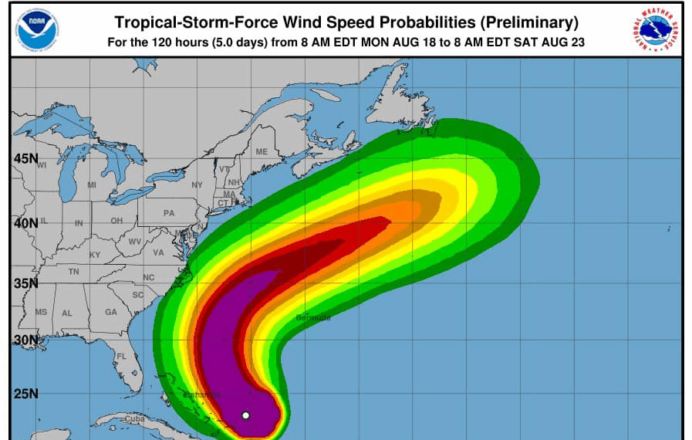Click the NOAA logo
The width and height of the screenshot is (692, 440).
37,29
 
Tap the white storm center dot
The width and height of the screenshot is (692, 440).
245,415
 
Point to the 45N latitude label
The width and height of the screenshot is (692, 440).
25,159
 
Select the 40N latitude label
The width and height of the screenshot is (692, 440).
25,223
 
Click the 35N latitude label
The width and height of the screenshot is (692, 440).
25,283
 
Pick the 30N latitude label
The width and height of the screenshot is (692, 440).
25,340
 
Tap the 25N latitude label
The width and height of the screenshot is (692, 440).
25,394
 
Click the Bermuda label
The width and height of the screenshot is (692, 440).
313,317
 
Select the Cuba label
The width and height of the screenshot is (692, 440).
135,419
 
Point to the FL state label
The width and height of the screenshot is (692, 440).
121,357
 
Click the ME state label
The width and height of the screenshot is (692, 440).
262,151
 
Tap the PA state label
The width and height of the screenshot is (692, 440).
169,213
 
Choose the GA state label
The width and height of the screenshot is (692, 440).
111,313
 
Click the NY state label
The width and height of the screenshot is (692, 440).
197,185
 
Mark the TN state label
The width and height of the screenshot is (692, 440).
73,272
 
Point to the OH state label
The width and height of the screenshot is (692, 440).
116,221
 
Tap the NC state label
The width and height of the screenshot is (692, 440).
149,277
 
